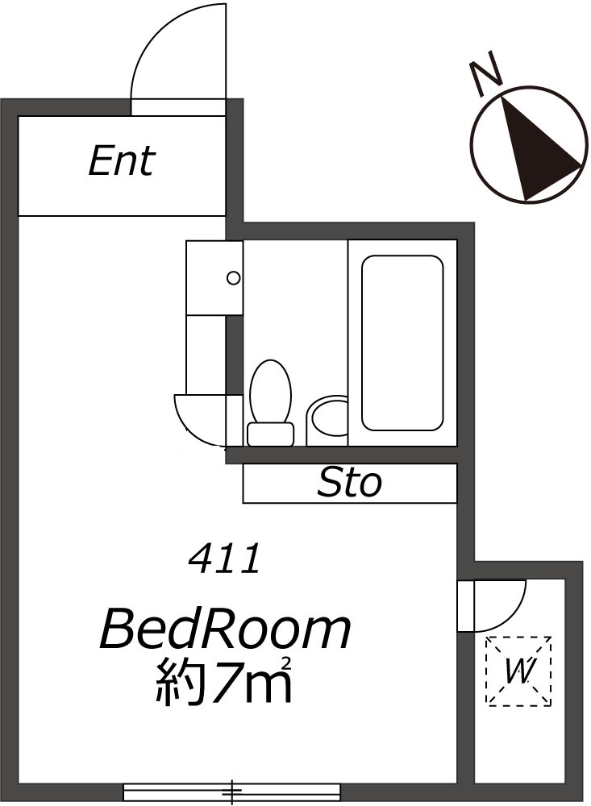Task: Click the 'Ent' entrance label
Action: (x=122, y=161)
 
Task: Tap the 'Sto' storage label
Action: (x=349, y=483)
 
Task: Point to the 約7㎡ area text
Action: (x=223, y=680)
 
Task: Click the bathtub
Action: (x=402, y=343)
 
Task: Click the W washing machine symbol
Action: (x=519, y=671)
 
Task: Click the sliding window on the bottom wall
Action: (x=232, y=791)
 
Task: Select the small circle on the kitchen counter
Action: (x=234, y=278)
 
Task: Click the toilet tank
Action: (x=271, y=434)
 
